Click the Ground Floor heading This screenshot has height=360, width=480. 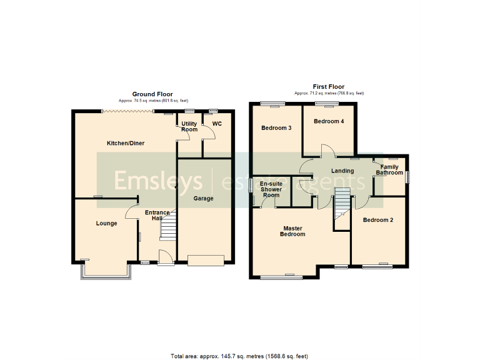tap(152, 94)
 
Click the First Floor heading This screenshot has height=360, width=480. tap(328, 87)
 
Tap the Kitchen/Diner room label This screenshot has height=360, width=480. tap(126, 143)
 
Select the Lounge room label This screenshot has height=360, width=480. tap(106, 223)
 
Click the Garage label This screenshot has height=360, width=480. tap(203, 199)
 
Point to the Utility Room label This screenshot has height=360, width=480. tap(189, 126)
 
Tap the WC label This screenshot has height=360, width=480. tap(217, 124)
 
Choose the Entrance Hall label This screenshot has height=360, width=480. tap(157, 216)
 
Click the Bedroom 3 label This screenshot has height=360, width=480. tap(276, 128)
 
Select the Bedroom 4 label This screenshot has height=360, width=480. tap(329, 121)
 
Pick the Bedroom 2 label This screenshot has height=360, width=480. tap(378, 220)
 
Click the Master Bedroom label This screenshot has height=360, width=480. tap(293, 231)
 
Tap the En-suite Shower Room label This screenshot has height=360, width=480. tap(271, 189)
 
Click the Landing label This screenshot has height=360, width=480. tap(342, 171)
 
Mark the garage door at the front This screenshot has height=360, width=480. tap(206, 260)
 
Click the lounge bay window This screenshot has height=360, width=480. tap(105, 271)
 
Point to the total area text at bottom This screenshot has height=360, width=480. tap(239, 356)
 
